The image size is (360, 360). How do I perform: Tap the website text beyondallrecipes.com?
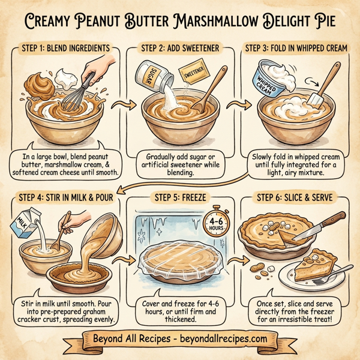point(226,340)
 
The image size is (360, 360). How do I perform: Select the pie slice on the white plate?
point(311,269)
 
